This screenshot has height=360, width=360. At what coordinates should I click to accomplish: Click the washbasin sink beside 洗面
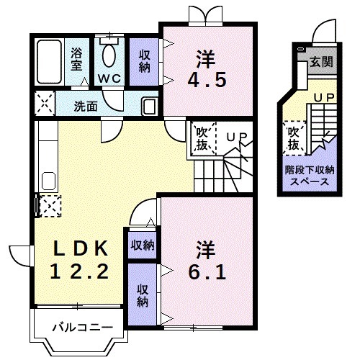point(149,105)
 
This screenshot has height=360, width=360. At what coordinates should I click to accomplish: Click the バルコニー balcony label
point(81,328)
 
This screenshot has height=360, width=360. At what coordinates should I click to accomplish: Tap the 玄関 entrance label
point(322,62)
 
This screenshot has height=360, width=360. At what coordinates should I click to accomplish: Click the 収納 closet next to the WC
point(145,61)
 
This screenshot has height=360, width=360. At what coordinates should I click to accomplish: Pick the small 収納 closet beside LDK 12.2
point(142,246)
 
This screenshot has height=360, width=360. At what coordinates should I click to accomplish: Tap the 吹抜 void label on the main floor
point(202,138)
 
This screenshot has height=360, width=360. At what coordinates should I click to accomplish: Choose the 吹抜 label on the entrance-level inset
point(293,139)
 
